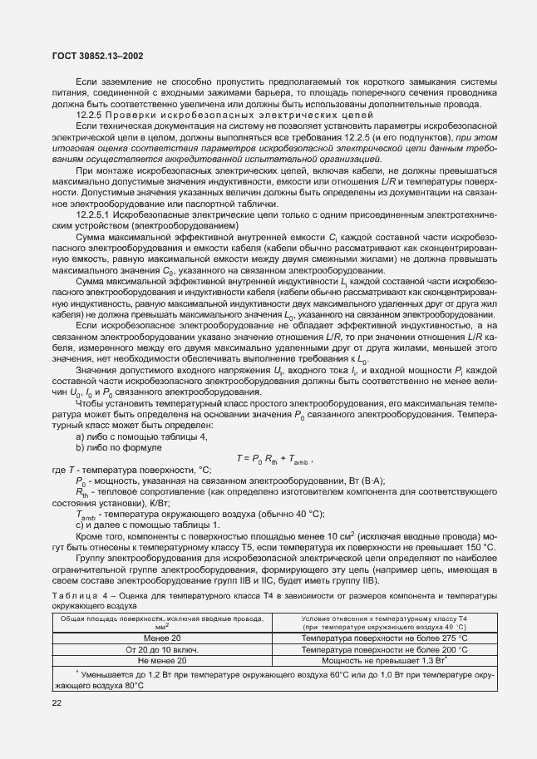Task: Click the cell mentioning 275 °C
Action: coord(386,636)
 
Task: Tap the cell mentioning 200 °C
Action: coord(386,648)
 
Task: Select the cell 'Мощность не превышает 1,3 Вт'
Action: coord(386,659)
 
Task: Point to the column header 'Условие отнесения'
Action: coord(386,622)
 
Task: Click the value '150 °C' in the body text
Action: coord(478,547)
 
